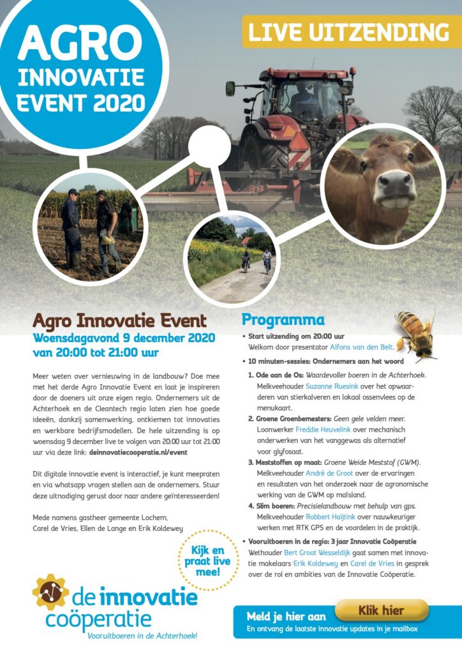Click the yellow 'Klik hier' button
[382, 611]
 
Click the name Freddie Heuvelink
[324, 430]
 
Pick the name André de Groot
[329, 473]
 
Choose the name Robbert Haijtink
[331, 517]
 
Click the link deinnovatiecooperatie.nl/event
[138, 452]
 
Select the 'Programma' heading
[283, 320]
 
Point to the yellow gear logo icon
[50, 592]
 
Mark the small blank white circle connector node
[209, 146]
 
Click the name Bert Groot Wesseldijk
[317, 553]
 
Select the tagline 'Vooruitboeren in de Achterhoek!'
[142, 636]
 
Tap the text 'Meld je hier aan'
[286, 616]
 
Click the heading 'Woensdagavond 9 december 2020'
[124, 338]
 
